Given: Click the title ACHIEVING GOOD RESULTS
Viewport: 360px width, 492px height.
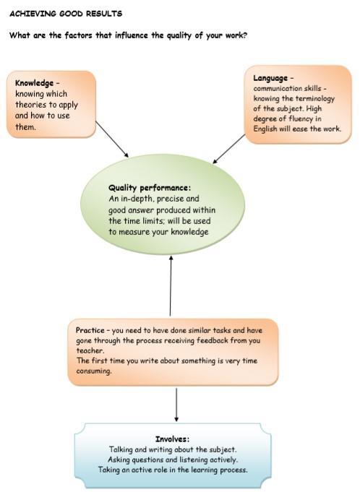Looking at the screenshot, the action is tap(66, 14).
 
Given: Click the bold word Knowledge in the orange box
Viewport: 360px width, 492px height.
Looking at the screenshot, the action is tap(34, 83).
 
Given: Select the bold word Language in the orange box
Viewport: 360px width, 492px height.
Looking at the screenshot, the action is tap(270, 79).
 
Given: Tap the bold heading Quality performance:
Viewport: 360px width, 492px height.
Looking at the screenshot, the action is tap(150, 188).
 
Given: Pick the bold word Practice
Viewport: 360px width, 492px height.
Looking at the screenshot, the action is tap(90, 330).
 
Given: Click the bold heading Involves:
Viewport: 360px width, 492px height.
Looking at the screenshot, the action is tap(172, 439).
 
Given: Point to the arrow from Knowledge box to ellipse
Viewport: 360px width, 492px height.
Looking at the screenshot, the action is tap(112, 139).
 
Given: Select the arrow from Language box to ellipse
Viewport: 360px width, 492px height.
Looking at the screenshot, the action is tap(229, 149).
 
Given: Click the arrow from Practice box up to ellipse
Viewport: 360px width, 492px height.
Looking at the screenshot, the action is tap(171, 285).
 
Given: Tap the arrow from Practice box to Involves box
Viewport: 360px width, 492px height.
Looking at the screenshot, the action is tap(176, 405).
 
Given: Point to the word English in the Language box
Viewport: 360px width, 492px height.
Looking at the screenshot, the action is tap(265, 129).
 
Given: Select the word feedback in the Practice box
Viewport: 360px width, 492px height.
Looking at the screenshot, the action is tap(213, 340).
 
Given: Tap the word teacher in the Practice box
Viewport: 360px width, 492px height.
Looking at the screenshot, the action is tap(90, 350).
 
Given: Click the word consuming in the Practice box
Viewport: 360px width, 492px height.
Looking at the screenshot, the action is tap(94, 371).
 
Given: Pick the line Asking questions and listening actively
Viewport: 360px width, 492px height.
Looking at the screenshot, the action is tap(173, 459).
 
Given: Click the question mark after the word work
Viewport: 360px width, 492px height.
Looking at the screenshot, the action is tap(245, 35).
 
